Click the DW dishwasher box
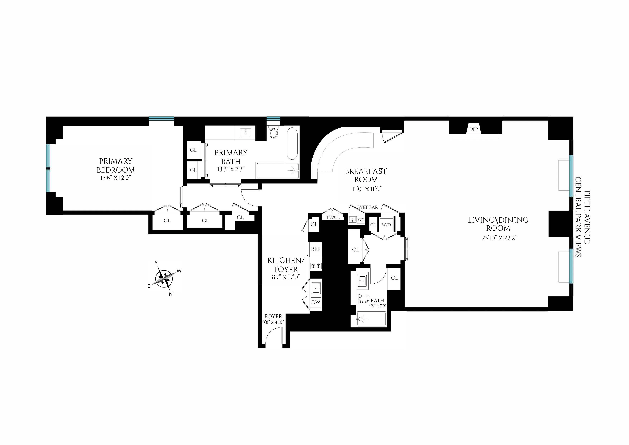point(316,302)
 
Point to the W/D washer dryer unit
point(386,225)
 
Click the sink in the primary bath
point(245,133)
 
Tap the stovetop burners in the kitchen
point(316,265)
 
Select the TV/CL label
point(333,217)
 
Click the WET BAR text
point(368,207)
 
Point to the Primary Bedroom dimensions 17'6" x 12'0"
point(116,178)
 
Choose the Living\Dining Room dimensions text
point(499,238)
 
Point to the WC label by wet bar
point(361,220)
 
